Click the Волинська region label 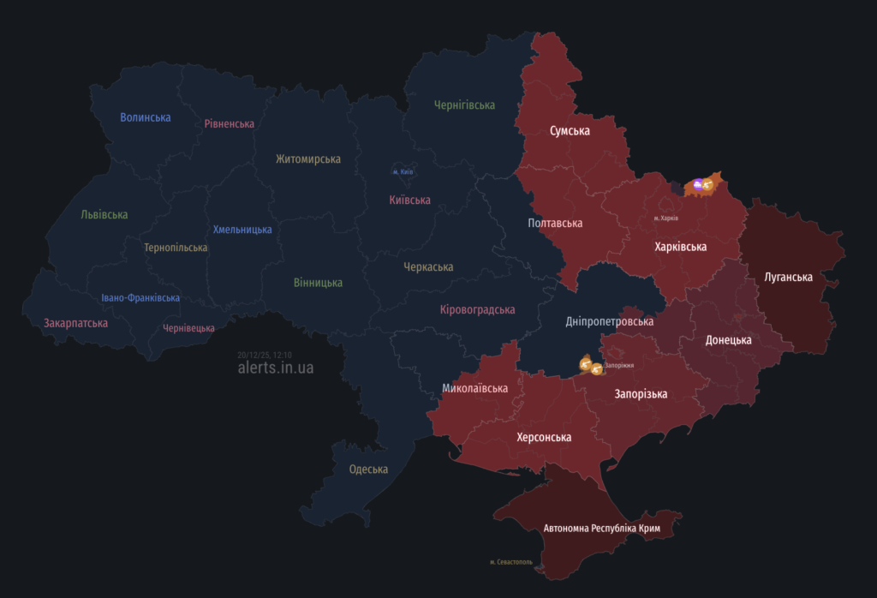click(x=145, y=117)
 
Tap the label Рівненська click(x=229, y=123)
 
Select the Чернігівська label click(x=464, y=105)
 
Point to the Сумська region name click(x=570, y=131)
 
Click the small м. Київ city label click(x=403, y=172)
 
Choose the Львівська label click(x=104, y=214)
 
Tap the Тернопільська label click(x=176, y=248)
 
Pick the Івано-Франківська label click(x=140, y=298)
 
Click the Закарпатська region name click(x=75, y=323)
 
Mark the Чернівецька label click(x=188, y=328)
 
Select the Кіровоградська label click(x=477, y=309)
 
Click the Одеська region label click(x=368, y=469)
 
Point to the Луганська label click(x=789, y=277)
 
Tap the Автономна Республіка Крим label click(x=602, y=528)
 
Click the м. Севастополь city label click(x=511, y=563)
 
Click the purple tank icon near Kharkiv click(x=698, y=184)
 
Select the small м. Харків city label click(x=665, y=218)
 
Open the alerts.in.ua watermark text click(x=276, y=368)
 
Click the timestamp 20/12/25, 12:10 click(x=265, y=355)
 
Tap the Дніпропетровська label click(x=609, y=321)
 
